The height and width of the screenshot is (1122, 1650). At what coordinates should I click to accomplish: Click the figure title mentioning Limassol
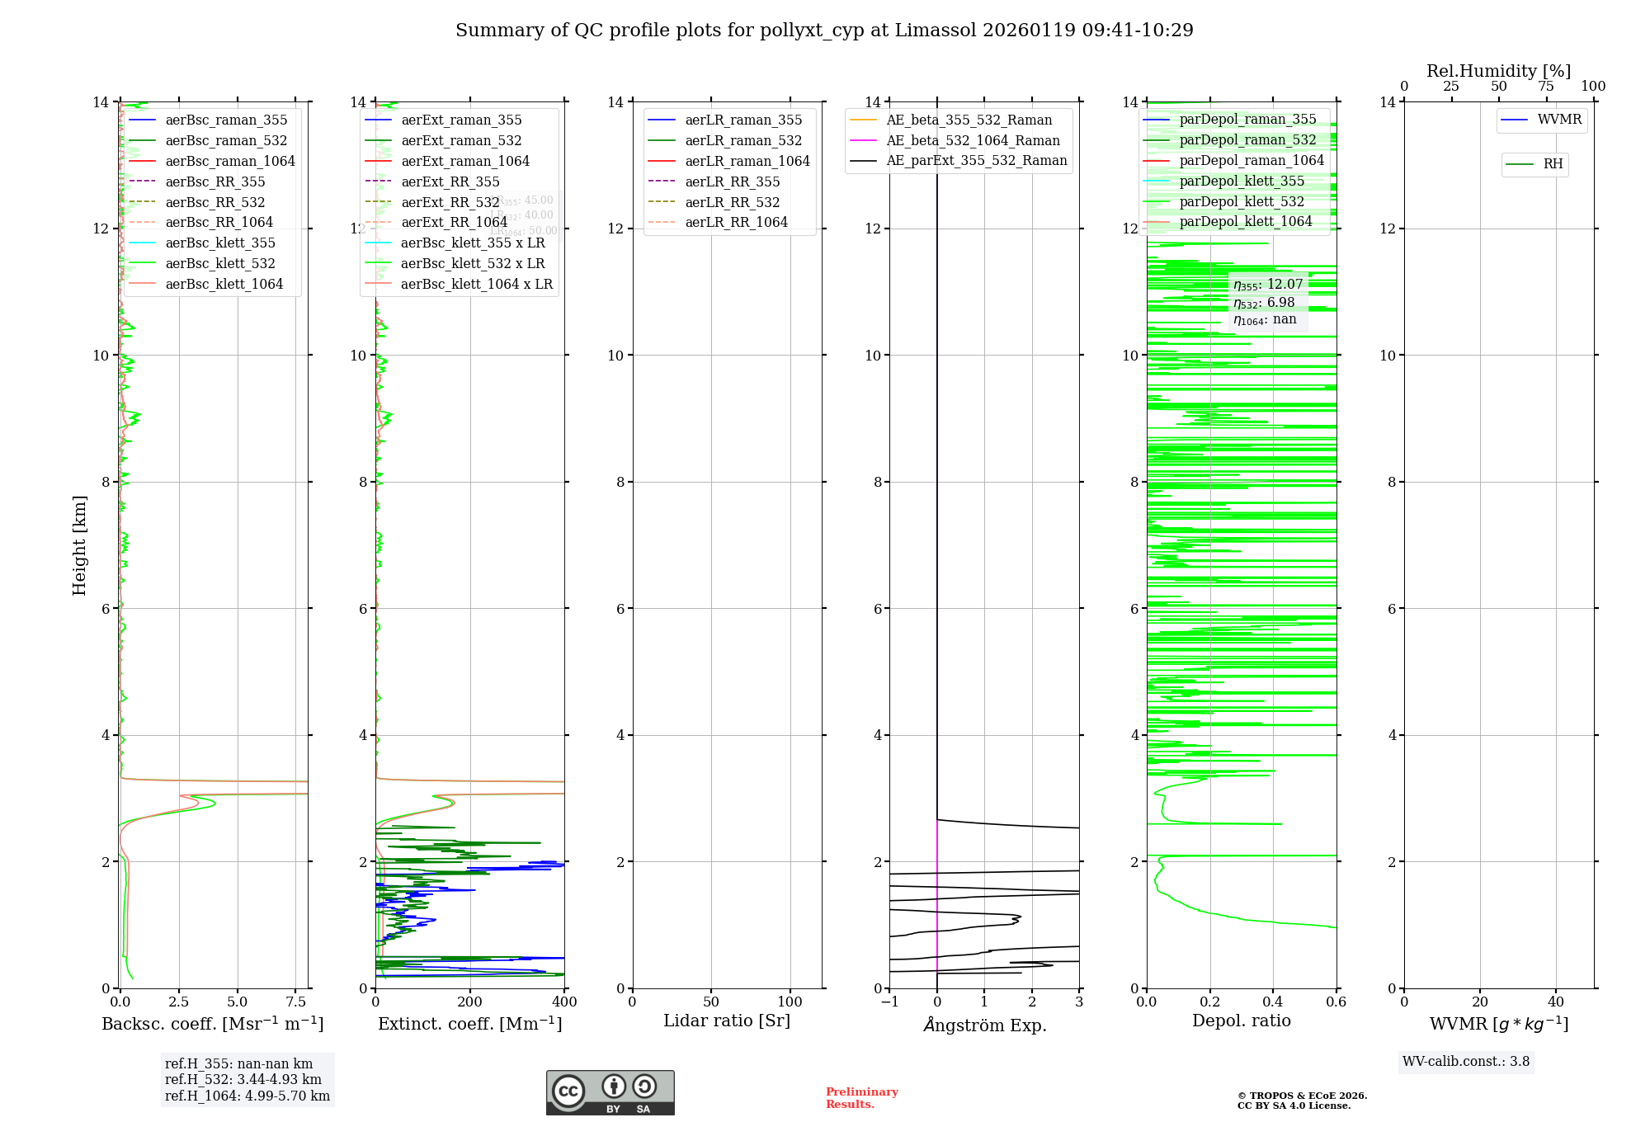click(x=824, y=31)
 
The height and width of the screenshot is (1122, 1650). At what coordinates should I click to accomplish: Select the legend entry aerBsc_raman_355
click(x=226, y=120)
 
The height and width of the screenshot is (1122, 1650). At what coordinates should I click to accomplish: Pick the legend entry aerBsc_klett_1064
click(x=224, y=284)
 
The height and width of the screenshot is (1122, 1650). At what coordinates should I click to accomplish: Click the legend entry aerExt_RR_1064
click(x=454, y=222)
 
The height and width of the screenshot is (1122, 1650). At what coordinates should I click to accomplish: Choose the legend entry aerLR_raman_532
click(x=743, y=141)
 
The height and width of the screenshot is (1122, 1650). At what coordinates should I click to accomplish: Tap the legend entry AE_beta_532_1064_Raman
click(x=973, y=141)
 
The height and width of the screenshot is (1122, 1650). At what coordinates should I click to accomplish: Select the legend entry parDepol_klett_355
click(x=1242, y=181)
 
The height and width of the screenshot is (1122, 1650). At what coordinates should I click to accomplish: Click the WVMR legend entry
click(x=1559, y=120)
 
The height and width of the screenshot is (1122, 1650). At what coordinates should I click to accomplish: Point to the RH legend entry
click(x=1553, y=164)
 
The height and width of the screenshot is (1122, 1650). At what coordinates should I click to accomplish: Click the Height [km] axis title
click(x=79, y=545)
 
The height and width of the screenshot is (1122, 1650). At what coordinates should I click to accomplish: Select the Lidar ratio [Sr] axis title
click(x=727, y=1021)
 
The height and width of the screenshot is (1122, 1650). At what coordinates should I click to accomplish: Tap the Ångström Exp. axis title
click(x=984, y=1025)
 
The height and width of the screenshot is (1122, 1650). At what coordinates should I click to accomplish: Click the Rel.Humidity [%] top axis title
click(x=1498, y=71)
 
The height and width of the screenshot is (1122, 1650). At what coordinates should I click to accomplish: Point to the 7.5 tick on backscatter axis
click(x=295, y=1002)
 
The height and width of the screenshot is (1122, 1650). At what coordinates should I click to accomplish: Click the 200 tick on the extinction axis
click(x=470, y=1002)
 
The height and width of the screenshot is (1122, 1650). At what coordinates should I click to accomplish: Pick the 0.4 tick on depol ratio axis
click(x=1273, y=1002)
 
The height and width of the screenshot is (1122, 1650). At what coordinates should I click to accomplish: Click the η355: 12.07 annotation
click(x=1268, y=285)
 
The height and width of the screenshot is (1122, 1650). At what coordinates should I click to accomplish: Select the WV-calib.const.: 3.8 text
click(x=1466, y=1062)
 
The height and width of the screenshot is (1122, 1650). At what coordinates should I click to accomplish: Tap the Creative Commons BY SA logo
click(x=610, y=1093)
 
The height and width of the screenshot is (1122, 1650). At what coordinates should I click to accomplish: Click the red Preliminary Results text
click(x=861, y=1098)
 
